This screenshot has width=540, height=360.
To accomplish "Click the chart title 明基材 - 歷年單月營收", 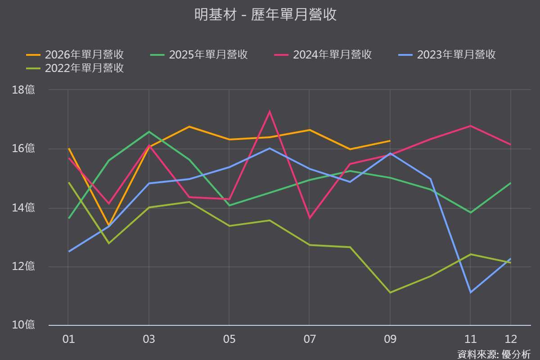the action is coord(265,14).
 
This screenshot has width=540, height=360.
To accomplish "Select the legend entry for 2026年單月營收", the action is coord(75,55).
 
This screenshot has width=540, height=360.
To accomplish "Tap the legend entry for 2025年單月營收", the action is coord(199,55).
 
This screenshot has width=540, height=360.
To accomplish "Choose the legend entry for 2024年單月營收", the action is coord(323,55).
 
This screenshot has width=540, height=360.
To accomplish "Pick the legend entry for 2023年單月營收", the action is coord(447,55).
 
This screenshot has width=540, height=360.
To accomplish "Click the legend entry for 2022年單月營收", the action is coord(75,68).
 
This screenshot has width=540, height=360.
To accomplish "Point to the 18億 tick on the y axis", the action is coord(23,90).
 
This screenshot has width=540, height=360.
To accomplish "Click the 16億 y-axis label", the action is coord(23,148).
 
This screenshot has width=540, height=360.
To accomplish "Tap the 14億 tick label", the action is coord(23,207).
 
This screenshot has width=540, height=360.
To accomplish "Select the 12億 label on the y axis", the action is coord(23,266).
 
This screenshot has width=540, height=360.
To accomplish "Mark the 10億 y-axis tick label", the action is coord(23,325).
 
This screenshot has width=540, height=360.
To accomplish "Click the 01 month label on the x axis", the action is coord(68,339).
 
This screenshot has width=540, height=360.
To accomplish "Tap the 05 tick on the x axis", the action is coord(229,339).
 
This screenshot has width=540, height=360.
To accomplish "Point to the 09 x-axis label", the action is coord(390,339).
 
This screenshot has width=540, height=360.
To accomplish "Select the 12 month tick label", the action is coord(511,339).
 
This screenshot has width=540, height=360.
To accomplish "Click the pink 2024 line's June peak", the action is coord(270,111).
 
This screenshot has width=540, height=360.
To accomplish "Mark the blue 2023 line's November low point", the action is coord(471,292).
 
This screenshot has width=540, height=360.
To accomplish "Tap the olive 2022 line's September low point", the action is coord(390,293).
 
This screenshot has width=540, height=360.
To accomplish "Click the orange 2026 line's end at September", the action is coord(390,141).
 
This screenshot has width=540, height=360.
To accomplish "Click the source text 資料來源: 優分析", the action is coord(494,355).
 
